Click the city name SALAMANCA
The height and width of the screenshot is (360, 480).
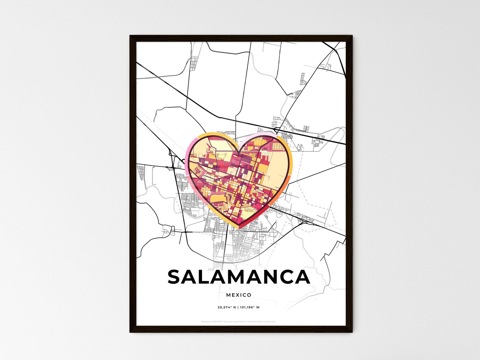239,277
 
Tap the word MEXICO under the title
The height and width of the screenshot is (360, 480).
239,295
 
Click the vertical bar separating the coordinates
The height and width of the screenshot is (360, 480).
238,307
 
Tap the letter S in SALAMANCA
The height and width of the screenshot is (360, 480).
176,277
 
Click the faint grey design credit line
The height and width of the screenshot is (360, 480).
239,321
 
